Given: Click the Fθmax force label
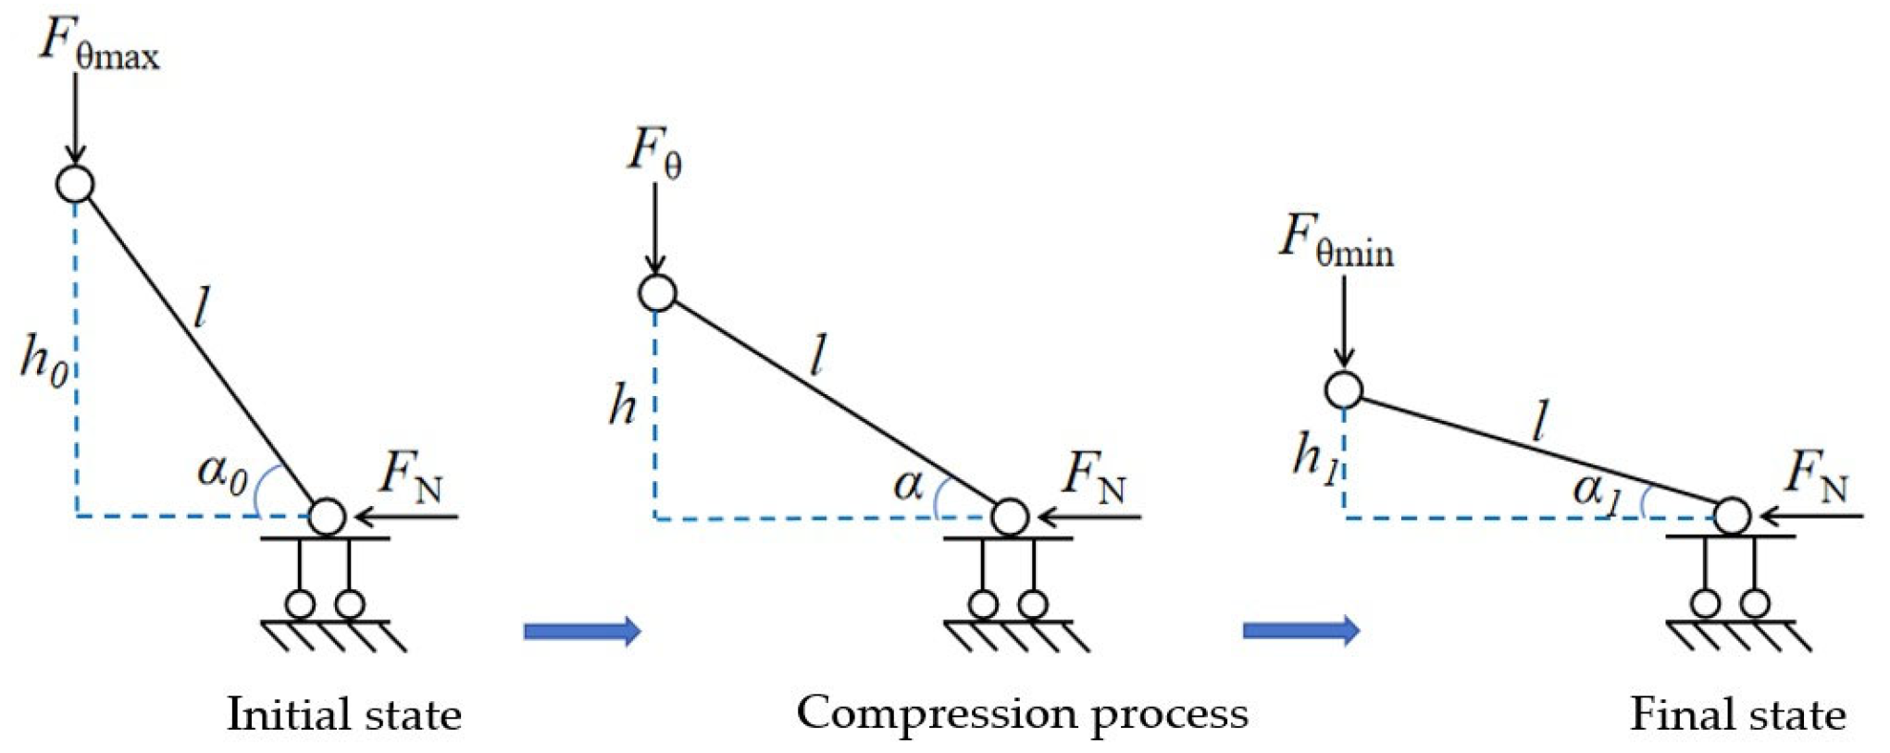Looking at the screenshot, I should click(98, 44).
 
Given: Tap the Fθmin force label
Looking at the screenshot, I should click(1336, 241).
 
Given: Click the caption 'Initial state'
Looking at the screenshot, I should click(344, 715).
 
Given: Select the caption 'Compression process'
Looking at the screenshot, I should click(1022, 713).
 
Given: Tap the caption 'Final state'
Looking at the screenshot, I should click(1737, 715).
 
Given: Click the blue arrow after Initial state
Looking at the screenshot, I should click(582, 632).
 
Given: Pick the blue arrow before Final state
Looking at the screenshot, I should click(1300, 631).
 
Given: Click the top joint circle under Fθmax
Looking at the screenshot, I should click(75, 183).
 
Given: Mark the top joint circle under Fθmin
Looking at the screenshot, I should click(1343, 389).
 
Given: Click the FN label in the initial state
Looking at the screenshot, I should click(411, 476).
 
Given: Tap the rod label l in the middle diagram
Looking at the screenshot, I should click(816, 357).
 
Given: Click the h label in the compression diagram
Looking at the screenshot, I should click(622, 405).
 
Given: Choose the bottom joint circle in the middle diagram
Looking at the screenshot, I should click(1010, 517).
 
